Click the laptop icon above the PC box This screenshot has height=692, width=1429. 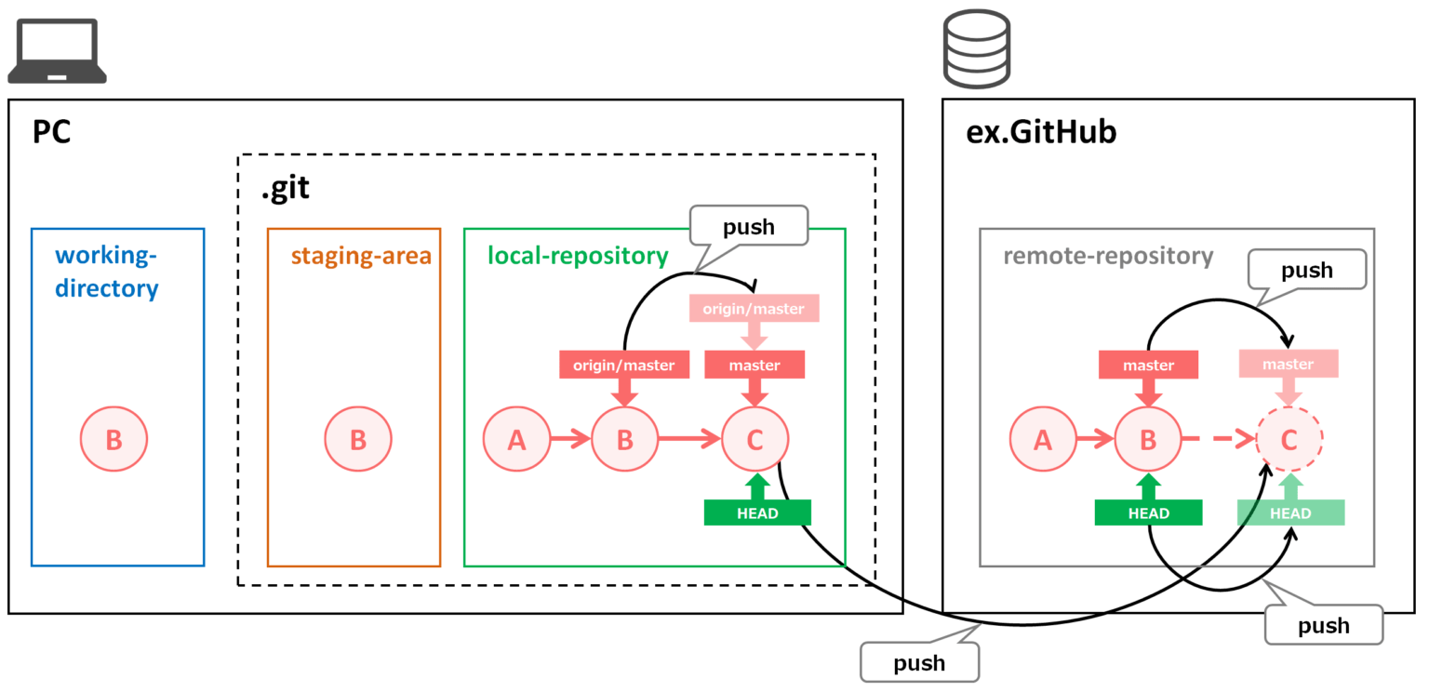pos(57,51)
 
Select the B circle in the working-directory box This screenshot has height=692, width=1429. pos(114,440)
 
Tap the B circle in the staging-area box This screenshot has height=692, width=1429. pos(358,440)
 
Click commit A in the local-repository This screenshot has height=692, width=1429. pos(516,440)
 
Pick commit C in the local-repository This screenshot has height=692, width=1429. pos(755,440)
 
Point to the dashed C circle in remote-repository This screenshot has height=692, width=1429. pos(1289,440)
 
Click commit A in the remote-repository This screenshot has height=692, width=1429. pos(1043,440)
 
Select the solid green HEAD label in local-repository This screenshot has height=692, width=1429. pos(757,512)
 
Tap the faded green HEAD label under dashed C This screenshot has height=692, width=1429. pos(1290,513)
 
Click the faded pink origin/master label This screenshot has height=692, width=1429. pos(754,308)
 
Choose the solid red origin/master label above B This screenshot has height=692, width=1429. pos(623,366)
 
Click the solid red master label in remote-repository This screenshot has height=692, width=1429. pos(1148,366)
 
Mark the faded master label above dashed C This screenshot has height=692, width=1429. pos(1289,365)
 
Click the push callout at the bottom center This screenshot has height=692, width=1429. pos(919,662)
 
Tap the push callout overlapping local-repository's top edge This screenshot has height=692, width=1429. pos(748,227)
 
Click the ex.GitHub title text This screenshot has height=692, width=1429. pos(1041,133)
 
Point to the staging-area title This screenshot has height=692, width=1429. pos(361,255)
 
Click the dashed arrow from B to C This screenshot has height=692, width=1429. pos(1218,440)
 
